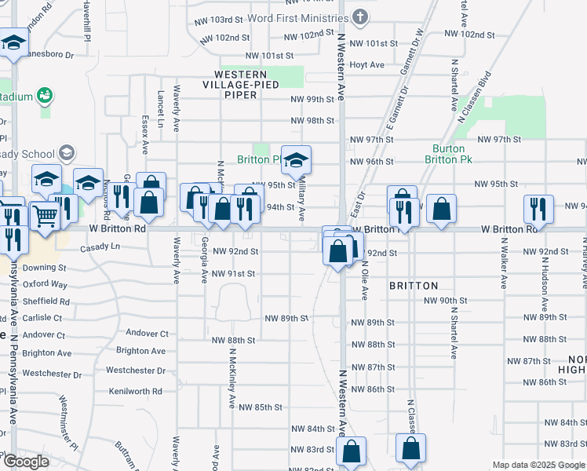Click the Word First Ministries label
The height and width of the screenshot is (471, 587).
[297, 17]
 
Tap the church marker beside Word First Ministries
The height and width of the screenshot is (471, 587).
[360, 16]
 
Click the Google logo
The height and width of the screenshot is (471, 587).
[26, 462]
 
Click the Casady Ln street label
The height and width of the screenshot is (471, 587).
[100, 246]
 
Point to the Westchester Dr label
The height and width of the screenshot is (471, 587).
[136, 371]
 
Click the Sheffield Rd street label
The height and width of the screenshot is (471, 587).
[46, 301]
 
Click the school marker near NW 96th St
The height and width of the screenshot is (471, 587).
[296, 160]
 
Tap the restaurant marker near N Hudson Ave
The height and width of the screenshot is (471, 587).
[538, 208]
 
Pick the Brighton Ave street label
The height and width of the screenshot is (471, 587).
[140, 351]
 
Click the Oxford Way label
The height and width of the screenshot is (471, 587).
[45, 284]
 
